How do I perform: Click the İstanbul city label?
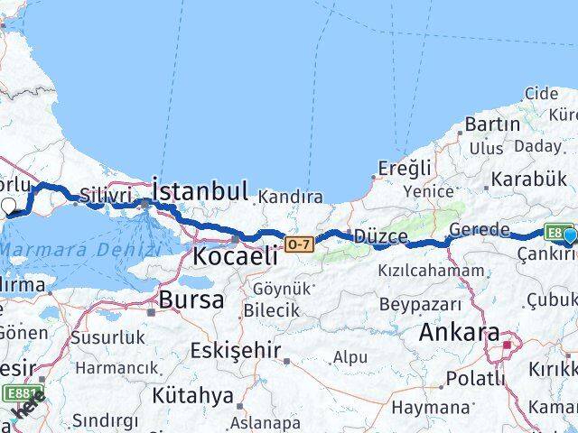[x=200, y=190]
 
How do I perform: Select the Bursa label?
[x=191, y=299]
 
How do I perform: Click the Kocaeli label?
[x=234, y=256]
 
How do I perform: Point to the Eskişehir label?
[x=236, y=350]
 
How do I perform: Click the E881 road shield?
[x=25, y=394]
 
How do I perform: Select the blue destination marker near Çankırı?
[x=569, y=236]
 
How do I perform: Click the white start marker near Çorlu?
[x=10, y=207]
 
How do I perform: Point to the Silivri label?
[x=106, y=196]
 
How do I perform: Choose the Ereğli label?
[x=405, y=169]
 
